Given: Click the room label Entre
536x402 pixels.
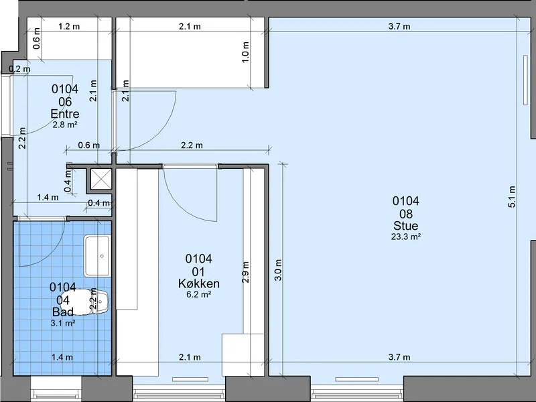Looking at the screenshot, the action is pyautogui.click(x=65, y=114).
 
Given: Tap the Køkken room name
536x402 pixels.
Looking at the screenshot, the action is pyautogui.click(x=198, y=283).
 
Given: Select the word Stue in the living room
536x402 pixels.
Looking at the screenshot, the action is pyautogui.click(x=406, y=226).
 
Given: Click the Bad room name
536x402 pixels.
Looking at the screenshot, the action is pyautogui.click(x=63, y=312).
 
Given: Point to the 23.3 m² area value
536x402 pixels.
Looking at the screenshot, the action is pyautogui.click(x=406, y=237).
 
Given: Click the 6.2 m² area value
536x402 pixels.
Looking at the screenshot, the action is pyautogui.click(x=198, y=294).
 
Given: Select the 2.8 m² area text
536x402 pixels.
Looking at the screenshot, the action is pyautogui.click(x=65, y=125).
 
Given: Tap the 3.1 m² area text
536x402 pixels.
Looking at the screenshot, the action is pyautogui.click(x=63, y=323).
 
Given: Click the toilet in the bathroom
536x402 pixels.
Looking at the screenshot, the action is pyautogui.click(x=90, y=302).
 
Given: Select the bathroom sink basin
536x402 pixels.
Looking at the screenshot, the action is pyautogui.click(x=97, y=256).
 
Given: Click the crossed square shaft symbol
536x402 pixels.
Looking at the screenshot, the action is pyautogui.click(x=101, y=178).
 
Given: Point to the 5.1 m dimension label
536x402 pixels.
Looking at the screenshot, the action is pyautogui.click(x=512, y=197).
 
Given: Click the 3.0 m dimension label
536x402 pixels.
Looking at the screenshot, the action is pyautogui.click(x=278, y=270).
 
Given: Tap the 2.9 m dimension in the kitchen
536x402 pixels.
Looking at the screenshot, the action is pyautogui.click(x=245, y=272).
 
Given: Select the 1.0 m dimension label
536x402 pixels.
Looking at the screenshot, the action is pyautogui.click(x=245, y=52).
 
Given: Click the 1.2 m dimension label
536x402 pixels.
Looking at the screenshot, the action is pyautogui.click(x=69, y=26).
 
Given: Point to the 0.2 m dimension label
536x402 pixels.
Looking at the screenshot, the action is pyautogui.click(x=19, y=69).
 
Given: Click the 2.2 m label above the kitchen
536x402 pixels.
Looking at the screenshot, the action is pyautogui.click(x=192, y=145).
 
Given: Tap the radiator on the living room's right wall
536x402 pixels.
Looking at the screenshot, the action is pyautogui.click(x=526, y=80).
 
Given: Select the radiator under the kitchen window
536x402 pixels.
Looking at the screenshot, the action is pyautogui.click(x=190, y=379).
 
